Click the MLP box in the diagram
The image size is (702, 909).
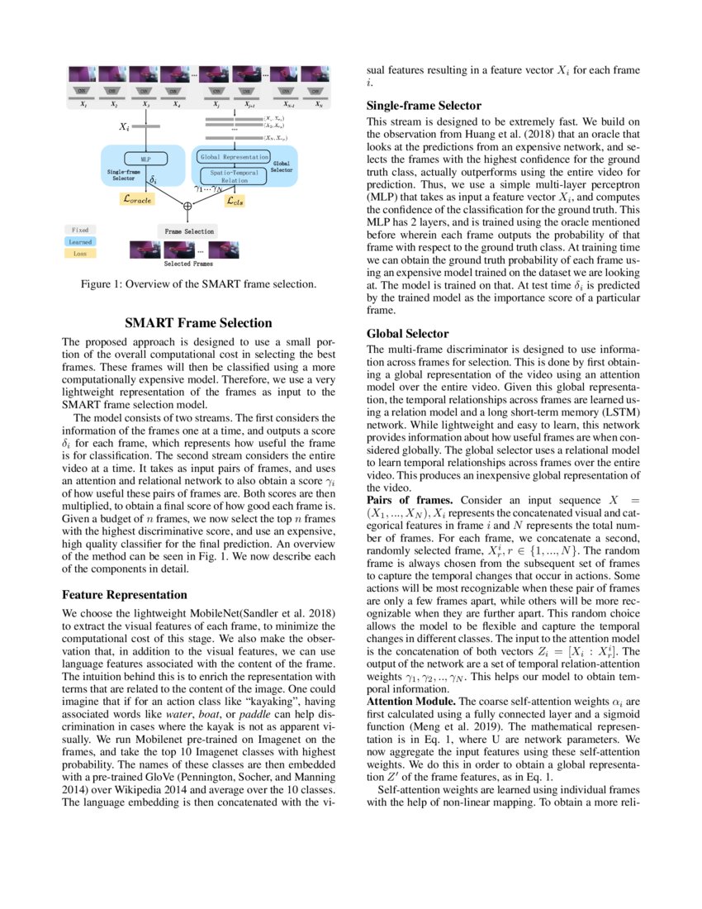(145, 158)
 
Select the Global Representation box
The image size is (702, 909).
(234, 156)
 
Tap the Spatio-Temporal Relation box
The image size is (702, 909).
(233, 175)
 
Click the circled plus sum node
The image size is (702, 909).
(188, 206)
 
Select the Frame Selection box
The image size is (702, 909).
(188, 231)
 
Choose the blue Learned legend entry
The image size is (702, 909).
(80, 242)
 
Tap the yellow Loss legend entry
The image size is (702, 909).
(80, 255)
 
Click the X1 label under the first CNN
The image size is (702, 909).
(83, 106)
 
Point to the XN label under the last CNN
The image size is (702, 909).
(317, 106)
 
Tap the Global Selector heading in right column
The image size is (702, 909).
(407, 334)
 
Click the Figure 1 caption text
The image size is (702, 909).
(198, 284)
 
